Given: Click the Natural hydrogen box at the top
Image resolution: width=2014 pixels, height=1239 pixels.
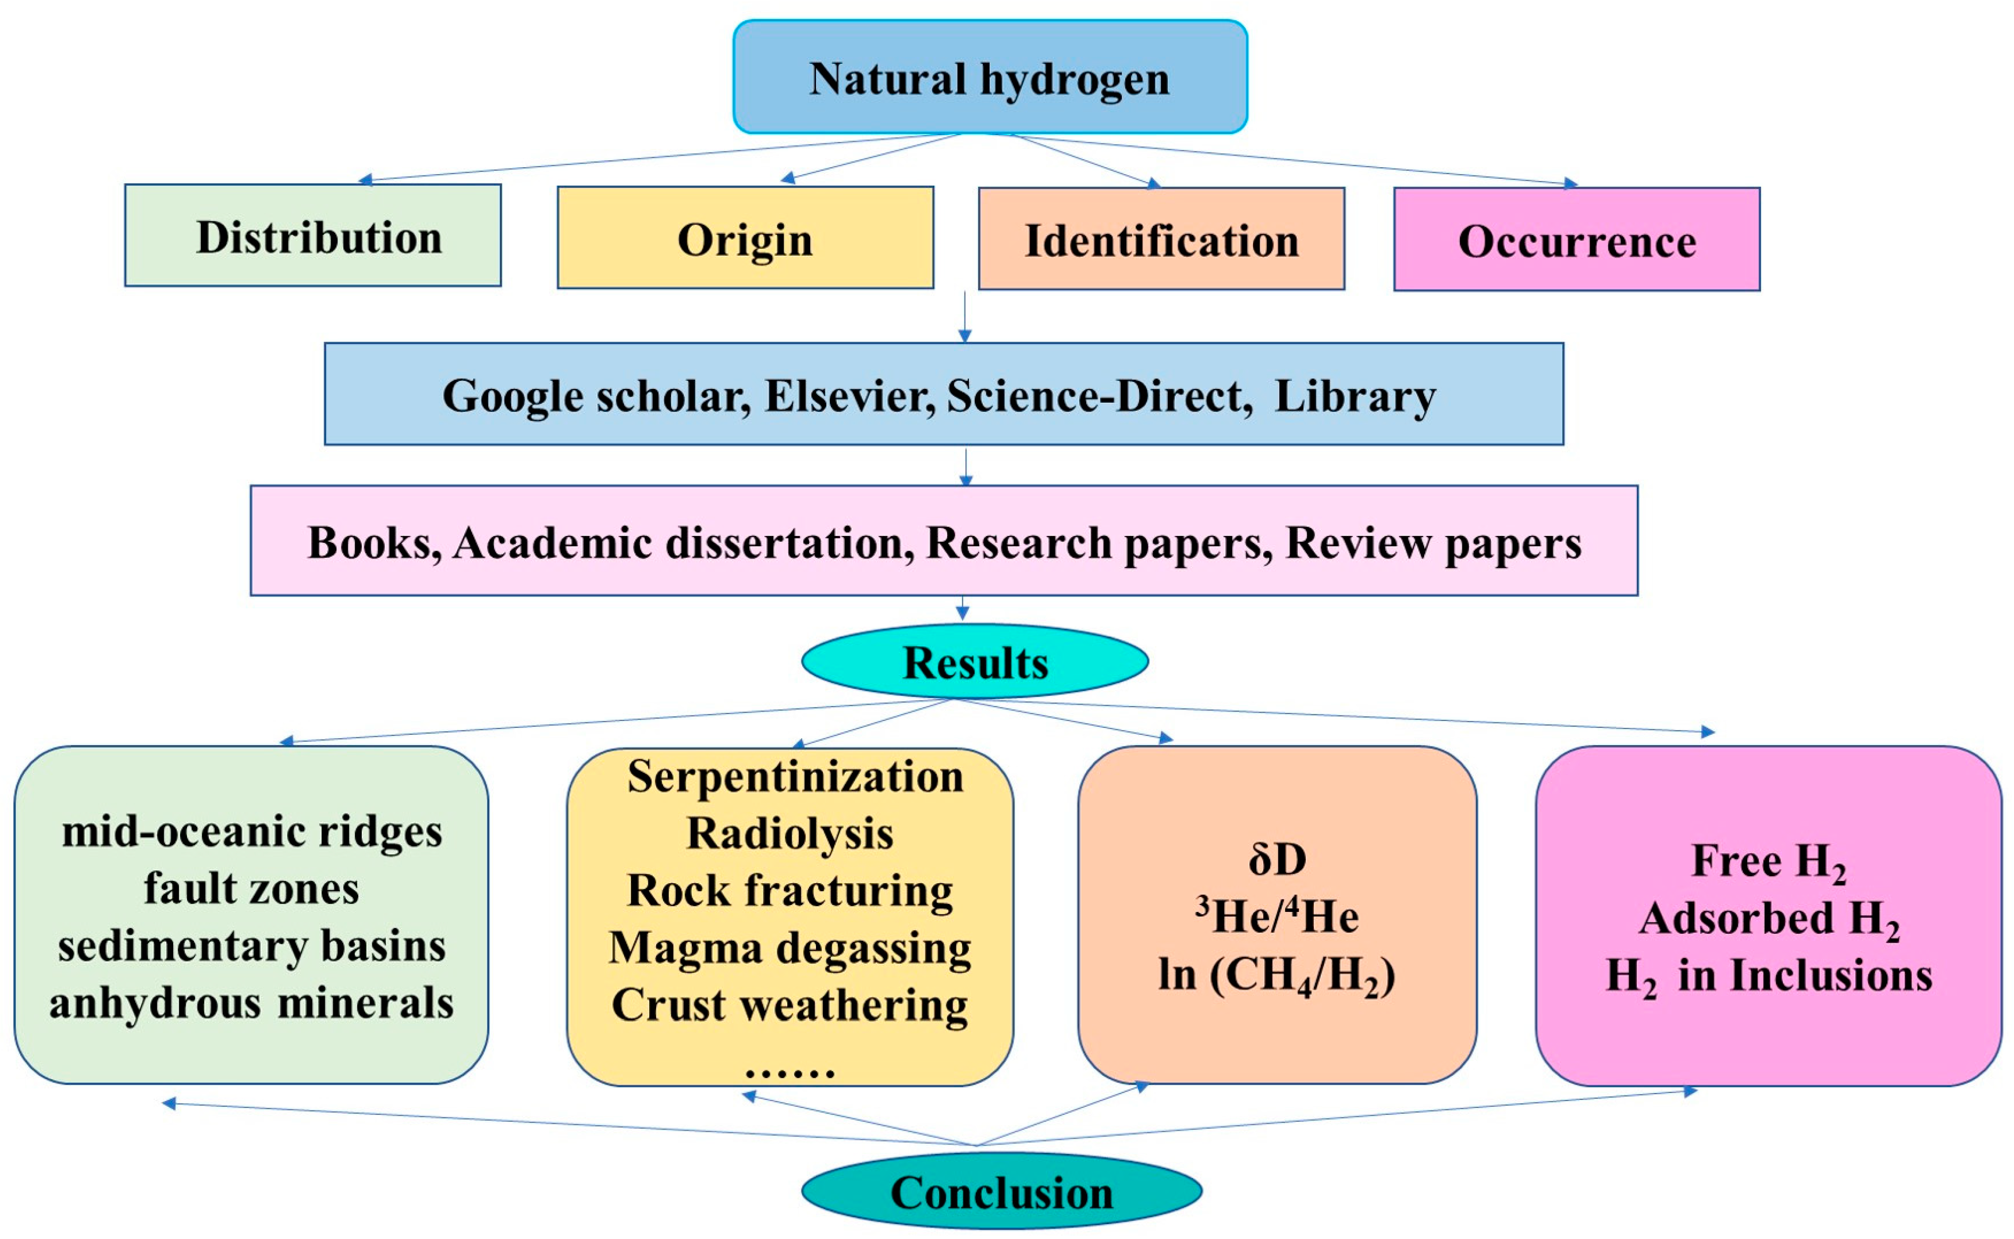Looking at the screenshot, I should (989, 78).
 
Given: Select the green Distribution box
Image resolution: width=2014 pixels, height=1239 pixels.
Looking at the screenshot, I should (313, 236).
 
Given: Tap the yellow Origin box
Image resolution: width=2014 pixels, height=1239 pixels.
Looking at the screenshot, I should (745, 238).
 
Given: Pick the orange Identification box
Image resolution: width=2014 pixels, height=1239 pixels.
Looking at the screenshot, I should (1161, 239).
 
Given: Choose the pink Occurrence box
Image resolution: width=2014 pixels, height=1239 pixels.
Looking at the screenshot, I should (1577, 240).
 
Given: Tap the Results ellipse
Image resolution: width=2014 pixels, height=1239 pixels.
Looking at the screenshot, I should (975, 662).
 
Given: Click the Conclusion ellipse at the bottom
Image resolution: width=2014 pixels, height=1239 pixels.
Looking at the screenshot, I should (1001, 1192).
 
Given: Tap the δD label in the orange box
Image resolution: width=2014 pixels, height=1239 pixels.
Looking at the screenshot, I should (1277, 859).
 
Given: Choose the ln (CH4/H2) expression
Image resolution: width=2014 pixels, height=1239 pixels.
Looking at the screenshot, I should (1277, 975).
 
